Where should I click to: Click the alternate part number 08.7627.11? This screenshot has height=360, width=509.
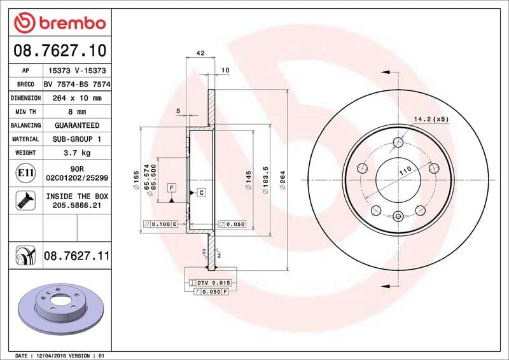76,256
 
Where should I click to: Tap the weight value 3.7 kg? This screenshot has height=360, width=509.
77,153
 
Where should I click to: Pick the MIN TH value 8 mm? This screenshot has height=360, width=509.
77,111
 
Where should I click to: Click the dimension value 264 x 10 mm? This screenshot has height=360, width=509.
77,98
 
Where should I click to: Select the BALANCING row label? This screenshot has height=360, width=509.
25,125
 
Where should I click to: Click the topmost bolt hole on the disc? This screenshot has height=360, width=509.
398,142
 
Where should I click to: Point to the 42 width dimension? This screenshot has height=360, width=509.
200,53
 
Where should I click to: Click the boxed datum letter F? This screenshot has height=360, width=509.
171,188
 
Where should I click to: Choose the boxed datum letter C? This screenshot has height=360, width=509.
201,192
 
